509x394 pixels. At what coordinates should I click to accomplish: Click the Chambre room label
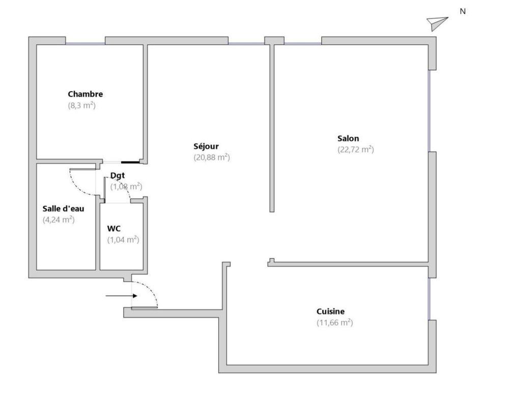[86, 94]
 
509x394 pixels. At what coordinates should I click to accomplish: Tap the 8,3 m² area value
[82, 105]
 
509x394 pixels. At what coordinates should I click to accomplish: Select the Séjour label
[206, 146]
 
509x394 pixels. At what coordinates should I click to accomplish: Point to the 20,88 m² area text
[212, 157]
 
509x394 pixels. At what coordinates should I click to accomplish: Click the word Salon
[348, 138]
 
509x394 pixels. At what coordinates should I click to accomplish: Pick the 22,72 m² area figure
[356, 149]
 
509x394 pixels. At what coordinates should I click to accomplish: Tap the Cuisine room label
[330, 312]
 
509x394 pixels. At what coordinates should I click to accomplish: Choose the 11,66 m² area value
[335, 323]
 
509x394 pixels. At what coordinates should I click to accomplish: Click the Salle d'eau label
[63, 208]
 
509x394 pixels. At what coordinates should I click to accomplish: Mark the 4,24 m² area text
[59, 220]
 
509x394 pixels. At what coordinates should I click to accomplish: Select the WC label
[114, 229]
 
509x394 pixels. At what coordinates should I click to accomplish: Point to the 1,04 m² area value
[123, 240]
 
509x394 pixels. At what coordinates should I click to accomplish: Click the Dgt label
[118, 176]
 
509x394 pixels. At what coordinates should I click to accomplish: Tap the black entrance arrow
[122, 296]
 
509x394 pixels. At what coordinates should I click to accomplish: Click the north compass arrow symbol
[437, 23]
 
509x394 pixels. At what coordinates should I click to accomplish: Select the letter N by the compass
[463, 11]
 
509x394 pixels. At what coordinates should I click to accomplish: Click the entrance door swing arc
[151, 289]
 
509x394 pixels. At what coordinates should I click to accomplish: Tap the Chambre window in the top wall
[86, 43]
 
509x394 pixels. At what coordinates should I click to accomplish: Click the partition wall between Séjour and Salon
[272, 128]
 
